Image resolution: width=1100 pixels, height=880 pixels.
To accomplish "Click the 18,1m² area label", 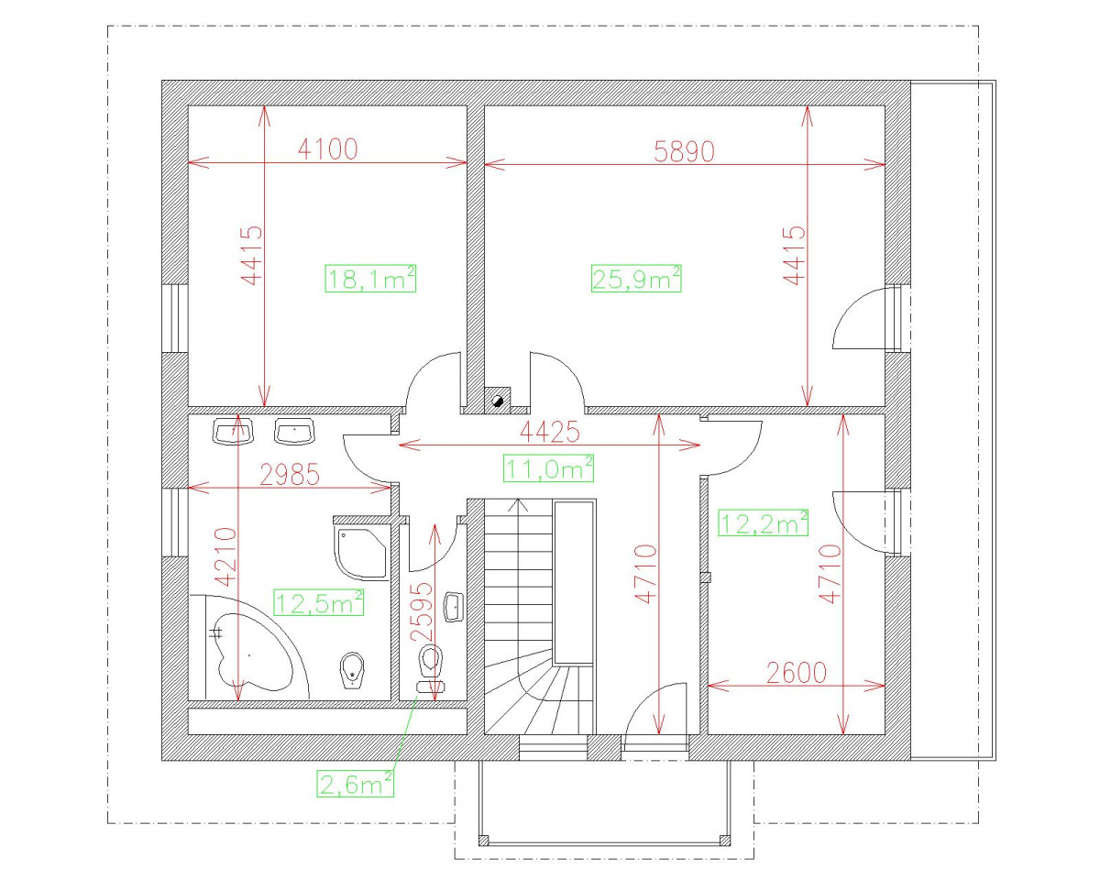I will click(371, 278).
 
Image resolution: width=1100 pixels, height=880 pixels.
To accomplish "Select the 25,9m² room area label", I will click(636, 278).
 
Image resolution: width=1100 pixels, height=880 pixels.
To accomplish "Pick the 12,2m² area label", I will click(764, 523).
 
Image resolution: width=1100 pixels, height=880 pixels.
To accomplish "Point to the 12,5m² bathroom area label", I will click(319, 602).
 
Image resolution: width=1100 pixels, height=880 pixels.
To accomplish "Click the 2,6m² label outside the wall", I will click(356, 784).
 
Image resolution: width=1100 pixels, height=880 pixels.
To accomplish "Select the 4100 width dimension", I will click(327, 149).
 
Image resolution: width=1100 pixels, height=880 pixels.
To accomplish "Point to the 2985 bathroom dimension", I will click(290, 474).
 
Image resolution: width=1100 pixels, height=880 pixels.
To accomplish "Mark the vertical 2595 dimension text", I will click(421, 611).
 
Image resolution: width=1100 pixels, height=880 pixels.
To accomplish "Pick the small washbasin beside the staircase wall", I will click(453, 606).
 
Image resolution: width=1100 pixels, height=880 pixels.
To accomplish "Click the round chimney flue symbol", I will click(499, 400).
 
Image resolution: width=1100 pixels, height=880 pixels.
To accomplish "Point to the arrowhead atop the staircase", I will click(520, 504).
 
